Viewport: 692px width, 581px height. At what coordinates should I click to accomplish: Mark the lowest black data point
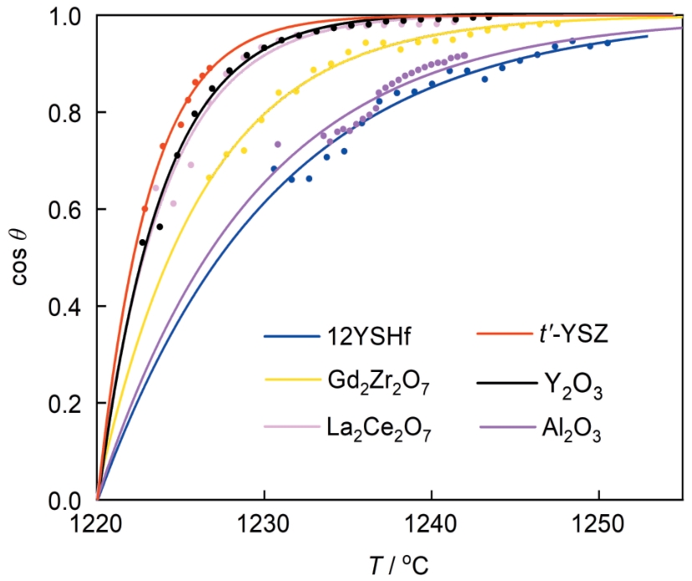tap(143, 242)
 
